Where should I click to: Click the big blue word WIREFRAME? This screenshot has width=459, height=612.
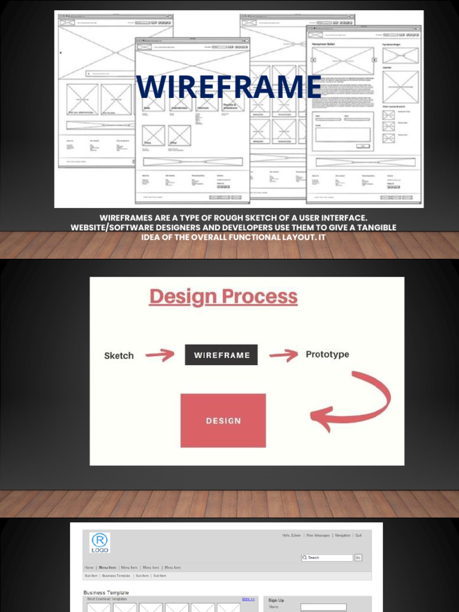pos(229,87)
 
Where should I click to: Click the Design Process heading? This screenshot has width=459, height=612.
pos(223,297)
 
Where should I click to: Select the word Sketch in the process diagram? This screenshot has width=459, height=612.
pos(119,356)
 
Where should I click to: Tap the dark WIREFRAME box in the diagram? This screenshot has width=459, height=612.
pos(221,355)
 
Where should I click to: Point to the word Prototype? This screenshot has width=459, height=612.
pos(327,354)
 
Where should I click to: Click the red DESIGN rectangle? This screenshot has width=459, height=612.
pos(223,420)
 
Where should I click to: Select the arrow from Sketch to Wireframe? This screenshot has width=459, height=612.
pos(160,356)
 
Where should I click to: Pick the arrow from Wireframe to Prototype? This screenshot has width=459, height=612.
pos(283,356)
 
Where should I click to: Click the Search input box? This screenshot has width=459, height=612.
pos(328,558)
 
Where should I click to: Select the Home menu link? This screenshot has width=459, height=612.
pos(88,568)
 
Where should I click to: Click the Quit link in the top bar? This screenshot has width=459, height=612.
pos(359,535)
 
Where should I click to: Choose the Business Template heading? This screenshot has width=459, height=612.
pos(106,593)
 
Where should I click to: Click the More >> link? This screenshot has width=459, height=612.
pos(248,599)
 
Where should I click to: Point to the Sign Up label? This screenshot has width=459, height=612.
pos(276,600)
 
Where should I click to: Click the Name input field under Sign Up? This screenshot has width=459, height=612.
pos(315,607)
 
